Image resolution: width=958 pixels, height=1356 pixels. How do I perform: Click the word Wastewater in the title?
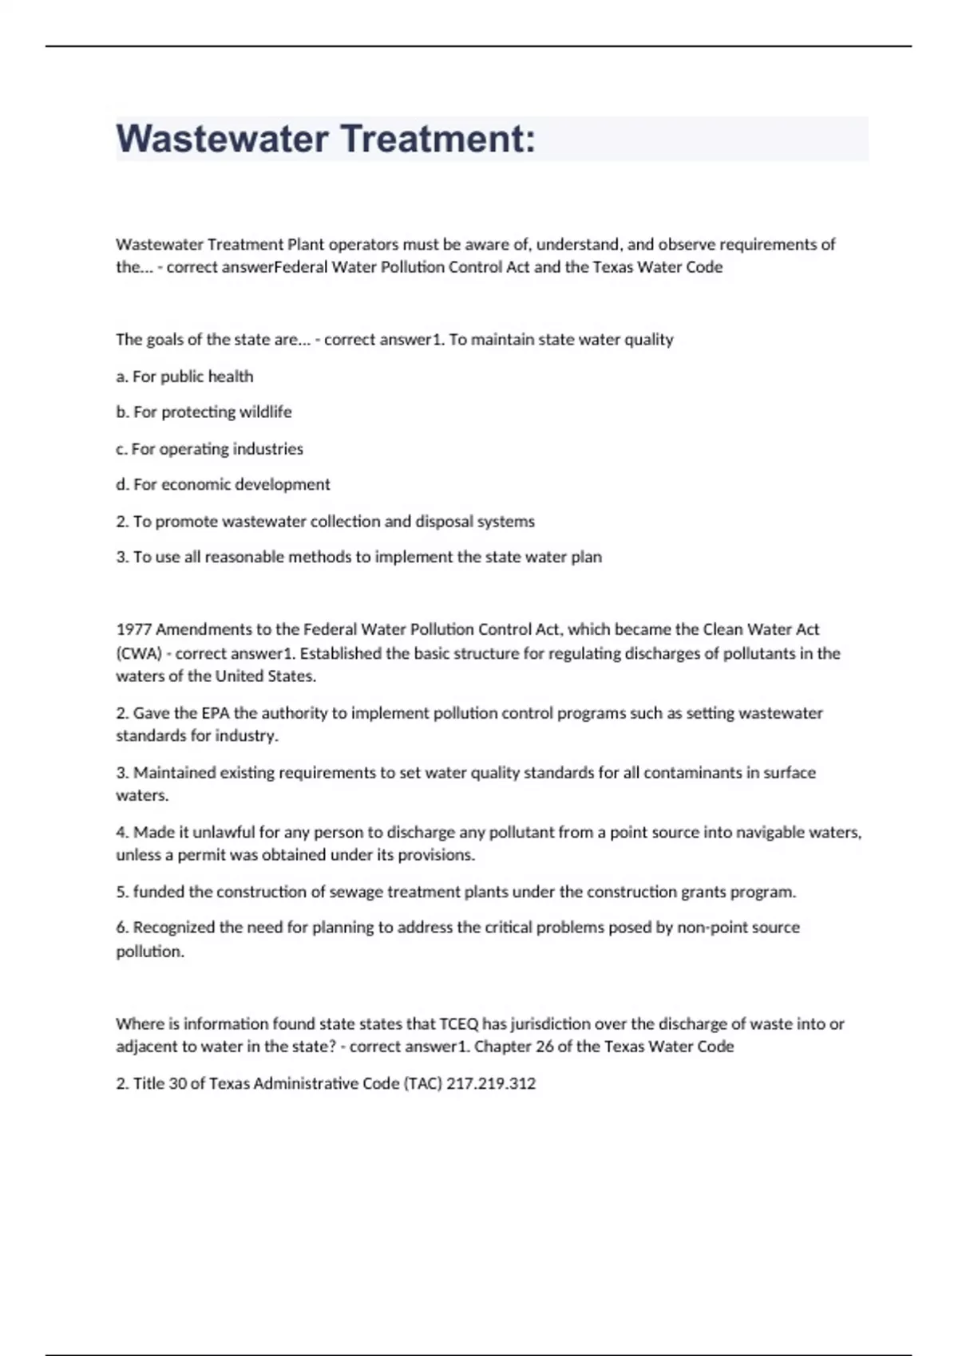click(223, 139)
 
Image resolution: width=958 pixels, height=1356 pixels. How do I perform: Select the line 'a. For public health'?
click(184, 376)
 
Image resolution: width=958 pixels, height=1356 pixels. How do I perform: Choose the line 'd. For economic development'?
click(223, 485)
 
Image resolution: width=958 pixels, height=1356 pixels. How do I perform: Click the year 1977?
click(133, 630)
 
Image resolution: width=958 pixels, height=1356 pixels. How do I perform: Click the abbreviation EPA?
click(216, 713)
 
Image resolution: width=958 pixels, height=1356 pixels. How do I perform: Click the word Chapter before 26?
click(503, 1047)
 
